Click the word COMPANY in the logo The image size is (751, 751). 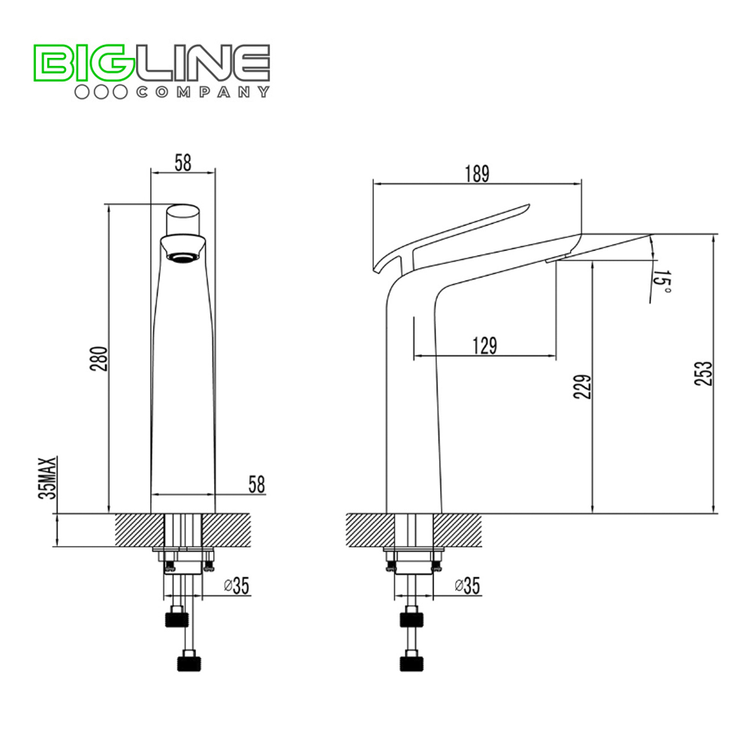tap(203, 92)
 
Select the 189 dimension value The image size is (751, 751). tap(477, 173)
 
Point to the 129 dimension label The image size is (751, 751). tap(484, 345)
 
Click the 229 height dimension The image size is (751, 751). tap(583, 387)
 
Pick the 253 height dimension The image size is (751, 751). tap(703, 373)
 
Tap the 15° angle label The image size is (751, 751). tap(662, 282)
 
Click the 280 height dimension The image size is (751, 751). tap(99, 358)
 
